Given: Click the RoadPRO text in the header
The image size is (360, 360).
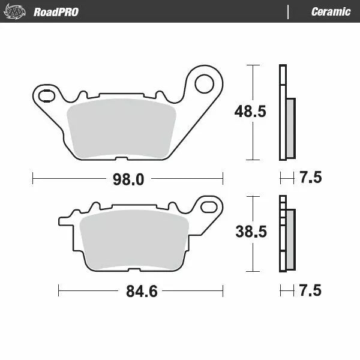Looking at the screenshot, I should (x=56, y=11).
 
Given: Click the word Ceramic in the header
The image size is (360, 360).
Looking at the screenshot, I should (x=331, y=11).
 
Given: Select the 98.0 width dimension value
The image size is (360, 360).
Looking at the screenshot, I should (x=128, y=179).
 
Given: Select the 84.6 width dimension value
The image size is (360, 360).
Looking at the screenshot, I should (x=141, y=292).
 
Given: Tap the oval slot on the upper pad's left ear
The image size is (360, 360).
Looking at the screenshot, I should (x=44, y=94).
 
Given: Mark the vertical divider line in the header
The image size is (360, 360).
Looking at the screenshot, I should (x=288, y=11).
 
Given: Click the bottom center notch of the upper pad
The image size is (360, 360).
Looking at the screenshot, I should (x=121, y=159).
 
